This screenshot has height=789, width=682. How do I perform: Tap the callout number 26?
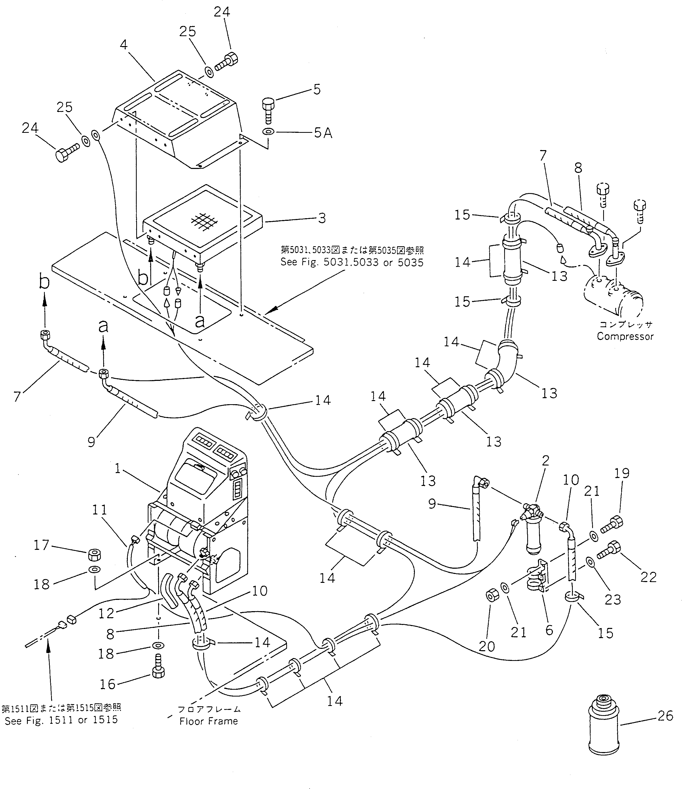point(665,716)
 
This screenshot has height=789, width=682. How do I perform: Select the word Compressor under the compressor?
point(625,336)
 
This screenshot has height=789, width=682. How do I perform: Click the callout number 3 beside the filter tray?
point(322,218)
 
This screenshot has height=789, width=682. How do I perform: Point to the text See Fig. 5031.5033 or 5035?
point(352,262)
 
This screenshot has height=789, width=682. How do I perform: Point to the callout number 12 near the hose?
point(106,613)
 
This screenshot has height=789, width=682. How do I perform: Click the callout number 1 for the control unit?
point(118,468)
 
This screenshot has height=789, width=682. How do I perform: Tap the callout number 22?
point(648,577)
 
